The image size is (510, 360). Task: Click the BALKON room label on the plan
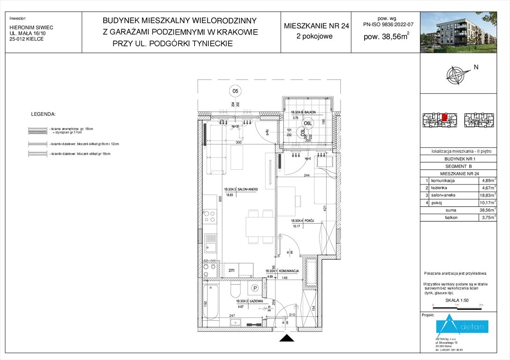coord(309,112)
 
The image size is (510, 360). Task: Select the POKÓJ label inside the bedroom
coord(309,220)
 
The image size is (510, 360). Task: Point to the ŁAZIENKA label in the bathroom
coord(255,301)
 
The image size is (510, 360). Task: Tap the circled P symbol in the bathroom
coord(256,288)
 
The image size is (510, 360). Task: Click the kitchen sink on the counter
coord(211,244)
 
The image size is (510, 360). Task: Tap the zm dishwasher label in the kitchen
coord(231,270)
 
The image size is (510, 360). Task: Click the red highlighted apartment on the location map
coord(444,117)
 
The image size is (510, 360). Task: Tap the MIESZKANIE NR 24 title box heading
coord(316,26)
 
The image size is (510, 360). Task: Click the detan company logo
coord(462,326)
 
